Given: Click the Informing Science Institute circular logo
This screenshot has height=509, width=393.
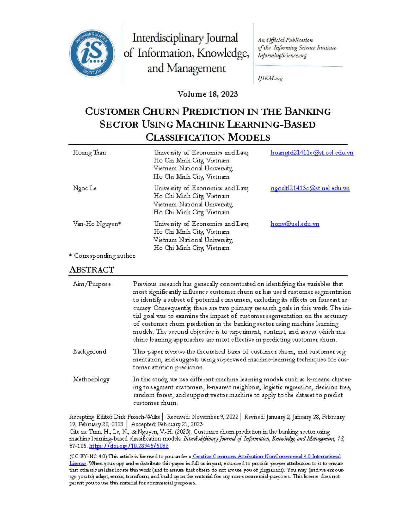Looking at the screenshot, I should tap(92, 53).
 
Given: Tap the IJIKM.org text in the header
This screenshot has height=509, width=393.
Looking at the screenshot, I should tap(270, 78).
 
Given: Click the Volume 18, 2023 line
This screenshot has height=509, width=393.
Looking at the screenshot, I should tap(208, 94).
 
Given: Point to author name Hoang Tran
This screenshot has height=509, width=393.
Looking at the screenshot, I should tap(89, 152).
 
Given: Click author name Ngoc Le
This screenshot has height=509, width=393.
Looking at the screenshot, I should tap(84, 188).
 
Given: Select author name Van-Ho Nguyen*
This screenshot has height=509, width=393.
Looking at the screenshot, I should tap(97, 224).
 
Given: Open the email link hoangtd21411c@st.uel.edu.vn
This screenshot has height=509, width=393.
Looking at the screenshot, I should tap(312, 152).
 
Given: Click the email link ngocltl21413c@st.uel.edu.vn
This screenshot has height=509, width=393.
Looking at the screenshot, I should tap(310, 188).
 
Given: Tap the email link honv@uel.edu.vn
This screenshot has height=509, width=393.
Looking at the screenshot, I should tap(295, 224).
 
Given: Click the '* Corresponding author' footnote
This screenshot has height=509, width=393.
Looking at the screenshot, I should tap(102, 256).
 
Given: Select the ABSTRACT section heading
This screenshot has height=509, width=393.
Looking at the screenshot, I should tap(92, 270).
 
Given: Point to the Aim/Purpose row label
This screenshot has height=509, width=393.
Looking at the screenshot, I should tap(92, 284).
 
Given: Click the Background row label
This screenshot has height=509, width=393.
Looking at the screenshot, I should tap(89, 351).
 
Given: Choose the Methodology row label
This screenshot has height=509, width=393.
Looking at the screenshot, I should tap(91, 379).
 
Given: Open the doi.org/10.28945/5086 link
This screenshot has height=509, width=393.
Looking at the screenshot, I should tap(129, 446).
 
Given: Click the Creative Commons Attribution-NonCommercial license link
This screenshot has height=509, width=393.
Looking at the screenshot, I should tap(267, 456).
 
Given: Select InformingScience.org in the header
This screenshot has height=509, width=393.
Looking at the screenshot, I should tap(282, 55).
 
